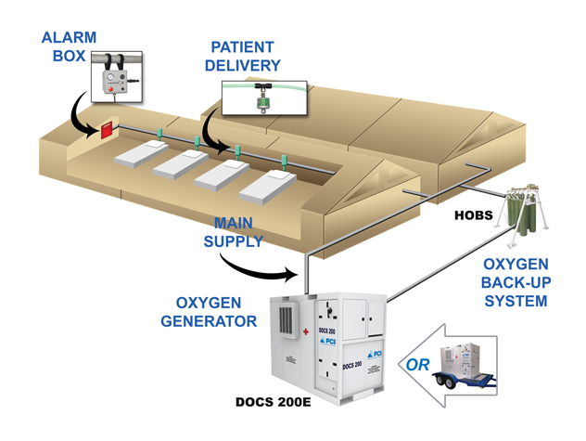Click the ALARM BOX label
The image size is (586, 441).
coord(68,47)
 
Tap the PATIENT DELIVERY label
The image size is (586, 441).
coord(246,56)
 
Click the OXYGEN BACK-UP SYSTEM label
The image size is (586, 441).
coord(517,282)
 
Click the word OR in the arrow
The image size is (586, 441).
coord(418,364)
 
